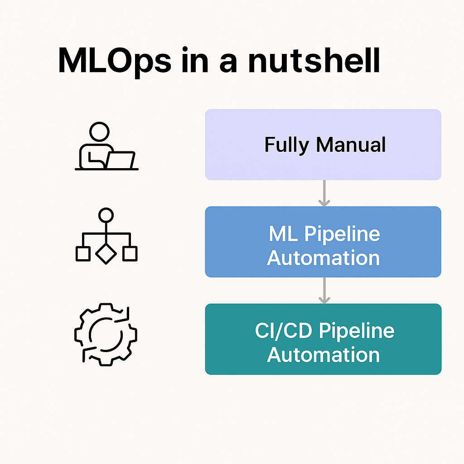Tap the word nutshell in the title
coord(314,60)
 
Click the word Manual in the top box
coord(351,145)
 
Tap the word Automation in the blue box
coord(323,257)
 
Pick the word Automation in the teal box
coord(323,354)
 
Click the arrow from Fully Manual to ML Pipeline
coord(324,193)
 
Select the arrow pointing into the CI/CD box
coord(324,290)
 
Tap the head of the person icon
coord(99,132)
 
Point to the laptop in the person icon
coord(121,159)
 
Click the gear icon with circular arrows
coord(106,334)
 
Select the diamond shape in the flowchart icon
coord(106,254)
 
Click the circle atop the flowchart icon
coord(106,215)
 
